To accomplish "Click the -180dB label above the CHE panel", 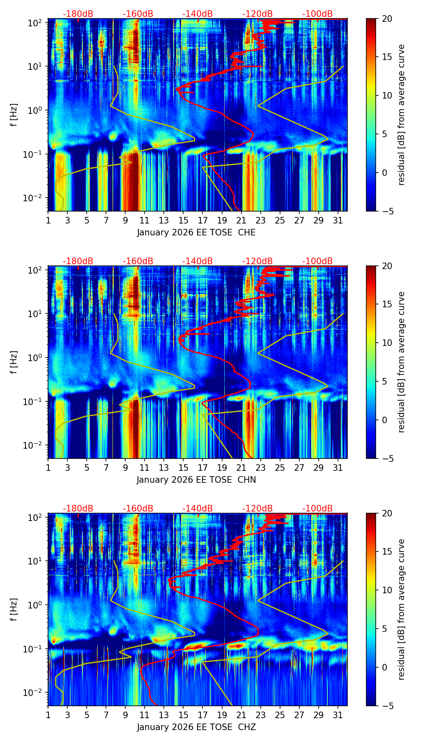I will click(78, 14).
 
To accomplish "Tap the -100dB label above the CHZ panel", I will click(317, 509).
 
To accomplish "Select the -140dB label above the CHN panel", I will click(198, 261).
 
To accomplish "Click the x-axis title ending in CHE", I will click(196, 233).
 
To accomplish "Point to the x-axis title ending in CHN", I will click(196, 480).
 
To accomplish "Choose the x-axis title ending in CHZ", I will click(196, 727).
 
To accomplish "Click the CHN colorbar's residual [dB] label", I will click(401, 362).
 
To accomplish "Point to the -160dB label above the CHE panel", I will click(138, 14).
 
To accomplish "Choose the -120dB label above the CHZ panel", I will click(257, 509).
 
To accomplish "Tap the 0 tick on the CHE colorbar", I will click(384, 173).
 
